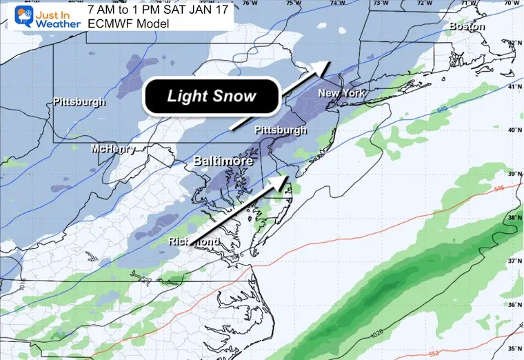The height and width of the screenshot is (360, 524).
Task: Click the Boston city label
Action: click(467, 27)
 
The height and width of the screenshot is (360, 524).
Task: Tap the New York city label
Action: click(341, 93)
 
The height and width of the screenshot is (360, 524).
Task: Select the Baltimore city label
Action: click(219, 161)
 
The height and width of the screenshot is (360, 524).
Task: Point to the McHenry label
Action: click(114, 149)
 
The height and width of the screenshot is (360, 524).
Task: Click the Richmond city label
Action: click(194, 241)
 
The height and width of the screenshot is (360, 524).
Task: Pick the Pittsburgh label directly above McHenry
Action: click(79, 102)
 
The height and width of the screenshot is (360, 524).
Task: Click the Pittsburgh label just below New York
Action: click(281, 130)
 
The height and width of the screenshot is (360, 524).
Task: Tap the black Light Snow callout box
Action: click(211, 97)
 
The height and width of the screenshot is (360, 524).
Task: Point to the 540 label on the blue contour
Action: click(442, 109)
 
